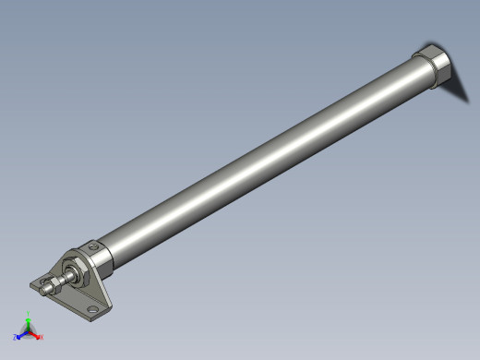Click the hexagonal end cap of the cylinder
(x=432, y=71)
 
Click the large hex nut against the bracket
(x=77, y=271)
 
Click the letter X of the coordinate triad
(x=42, y=338)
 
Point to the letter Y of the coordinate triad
(x=29, y=317)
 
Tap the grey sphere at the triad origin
(x=29, y=331)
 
